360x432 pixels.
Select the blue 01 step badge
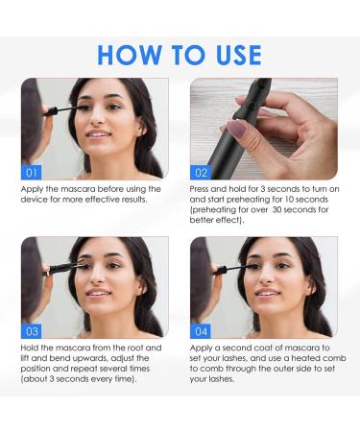coord(32,173)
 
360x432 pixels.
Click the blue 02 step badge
coord(201,173)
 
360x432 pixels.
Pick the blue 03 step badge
coord(32,330)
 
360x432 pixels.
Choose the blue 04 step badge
coord(201,330)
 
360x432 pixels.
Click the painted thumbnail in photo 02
coord(236,127)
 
